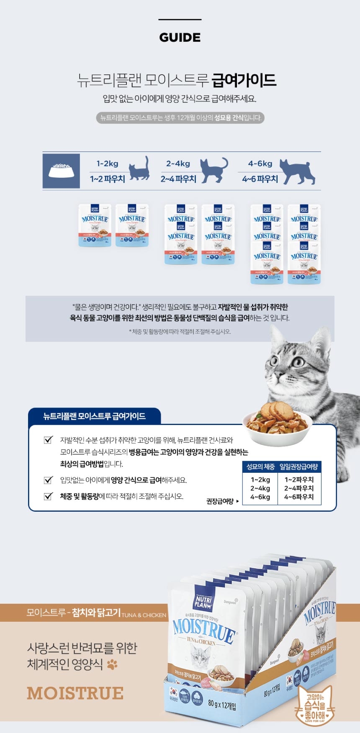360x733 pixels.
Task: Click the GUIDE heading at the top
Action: click(x=180, y=37)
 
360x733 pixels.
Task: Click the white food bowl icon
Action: click(x=61, y=170)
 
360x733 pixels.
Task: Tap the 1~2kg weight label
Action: click(x=107, y=164)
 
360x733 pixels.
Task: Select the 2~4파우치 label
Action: click(x=178, y=179)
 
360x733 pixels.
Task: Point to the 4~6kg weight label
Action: click(x=260, y=164)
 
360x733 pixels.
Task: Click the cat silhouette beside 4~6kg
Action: click(x=298, y=171)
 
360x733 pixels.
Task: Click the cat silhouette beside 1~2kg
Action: click(x=139, y=169)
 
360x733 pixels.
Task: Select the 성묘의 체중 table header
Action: click(x=260, y=466)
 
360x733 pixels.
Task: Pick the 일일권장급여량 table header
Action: click(x=299, y=466)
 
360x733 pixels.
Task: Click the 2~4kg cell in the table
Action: click(x=260, y=488)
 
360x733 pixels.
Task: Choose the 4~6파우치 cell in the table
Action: click(x=299, y=497)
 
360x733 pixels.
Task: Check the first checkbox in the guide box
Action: click(x=48, y=440)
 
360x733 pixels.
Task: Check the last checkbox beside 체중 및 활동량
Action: click(x=48, y=496)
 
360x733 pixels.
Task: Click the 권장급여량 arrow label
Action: click(x=222, y=501)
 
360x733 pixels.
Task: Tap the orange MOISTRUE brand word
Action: click(x=75, y=693)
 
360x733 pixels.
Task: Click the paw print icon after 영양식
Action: click(x=112, y=664)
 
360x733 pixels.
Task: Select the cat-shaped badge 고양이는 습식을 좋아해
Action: click(x=315, y=706)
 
